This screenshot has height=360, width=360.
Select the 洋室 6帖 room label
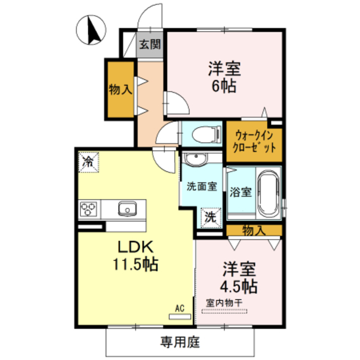(224, 78)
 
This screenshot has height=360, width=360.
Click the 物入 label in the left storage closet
(120, 88)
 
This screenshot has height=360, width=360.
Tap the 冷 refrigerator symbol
(88, 162)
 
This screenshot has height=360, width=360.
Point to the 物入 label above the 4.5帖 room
(254, 229)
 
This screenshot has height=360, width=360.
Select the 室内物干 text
(223, 303)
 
